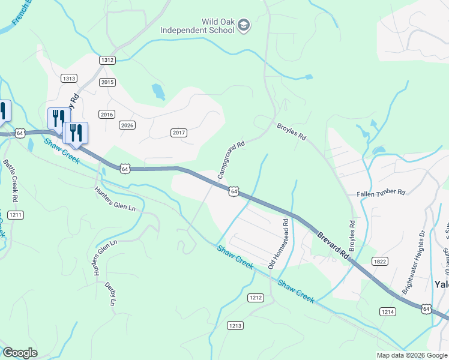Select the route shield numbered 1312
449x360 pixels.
point(107,60)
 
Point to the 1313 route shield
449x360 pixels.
point(69,78)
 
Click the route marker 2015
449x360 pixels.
point(107,82)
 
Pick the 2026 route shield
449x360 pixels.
point(127,125)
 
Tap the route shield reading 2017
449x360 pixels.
point(179,133)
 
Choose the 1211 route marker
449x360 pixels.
point(16,215)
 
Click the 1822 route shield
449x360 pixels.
point(379,261)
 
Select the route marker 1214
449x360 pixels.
point(387,311)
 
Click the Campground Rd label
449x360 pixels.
point(231,160)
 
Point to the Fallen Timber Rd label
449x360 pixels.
point(381,193)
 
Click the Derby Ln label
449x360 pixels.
point(110,294)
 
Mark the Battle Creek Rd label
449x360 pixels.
point(9,179)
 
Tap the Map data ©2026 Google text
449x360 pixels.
point(411,355)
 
